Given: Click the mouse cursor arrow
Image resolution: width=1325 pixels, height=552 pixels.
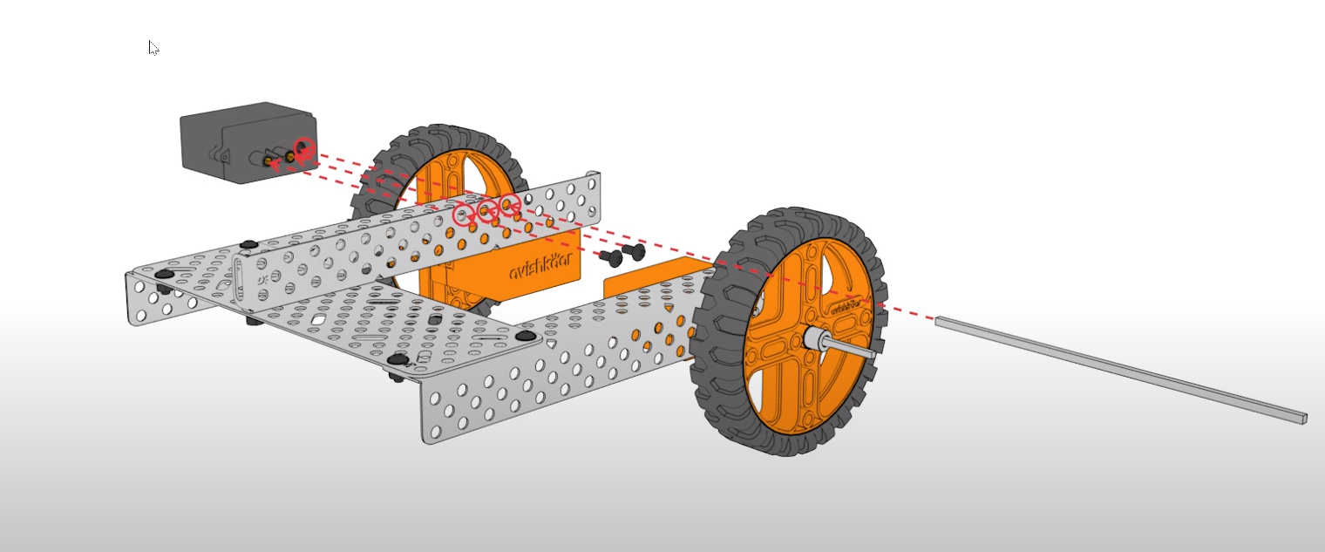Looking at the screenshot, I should [153, 46].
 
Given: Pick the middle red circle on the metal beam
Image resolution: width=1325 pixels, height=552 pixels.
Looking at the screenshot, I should [488, 208].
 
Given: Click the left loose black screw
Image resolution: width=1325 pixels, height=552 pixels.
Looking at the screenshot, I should [614, 256].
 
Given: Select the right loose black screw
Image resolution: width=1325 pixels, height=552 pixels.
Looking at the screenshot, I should [634, 252].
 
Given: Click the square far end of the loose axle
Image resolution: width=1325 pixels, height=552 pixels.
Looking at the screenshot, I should [1301, 418].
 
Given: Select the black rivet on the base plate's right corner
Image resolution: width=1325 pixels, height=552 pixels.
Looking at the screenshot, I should [526, 336].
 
